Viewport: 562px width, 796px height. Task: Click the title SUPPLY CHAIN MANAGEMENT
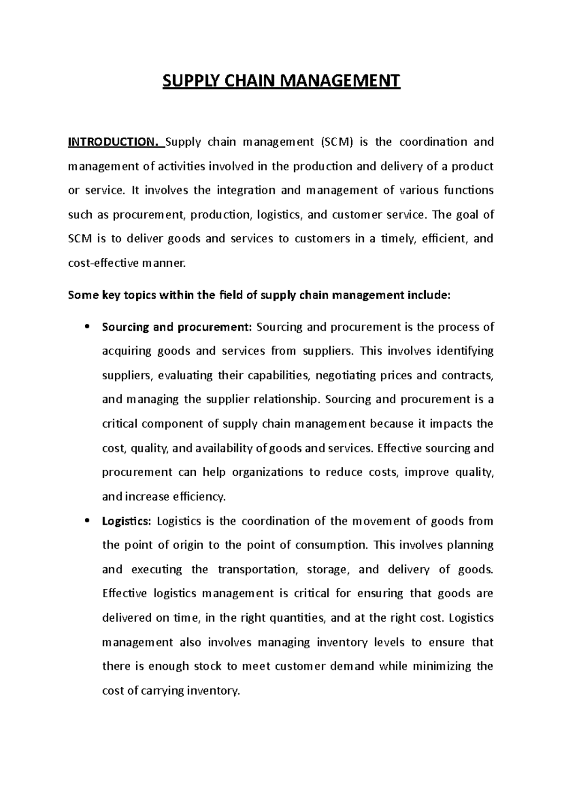281,81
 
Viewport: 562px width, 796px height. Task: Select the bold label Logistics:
127,521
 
